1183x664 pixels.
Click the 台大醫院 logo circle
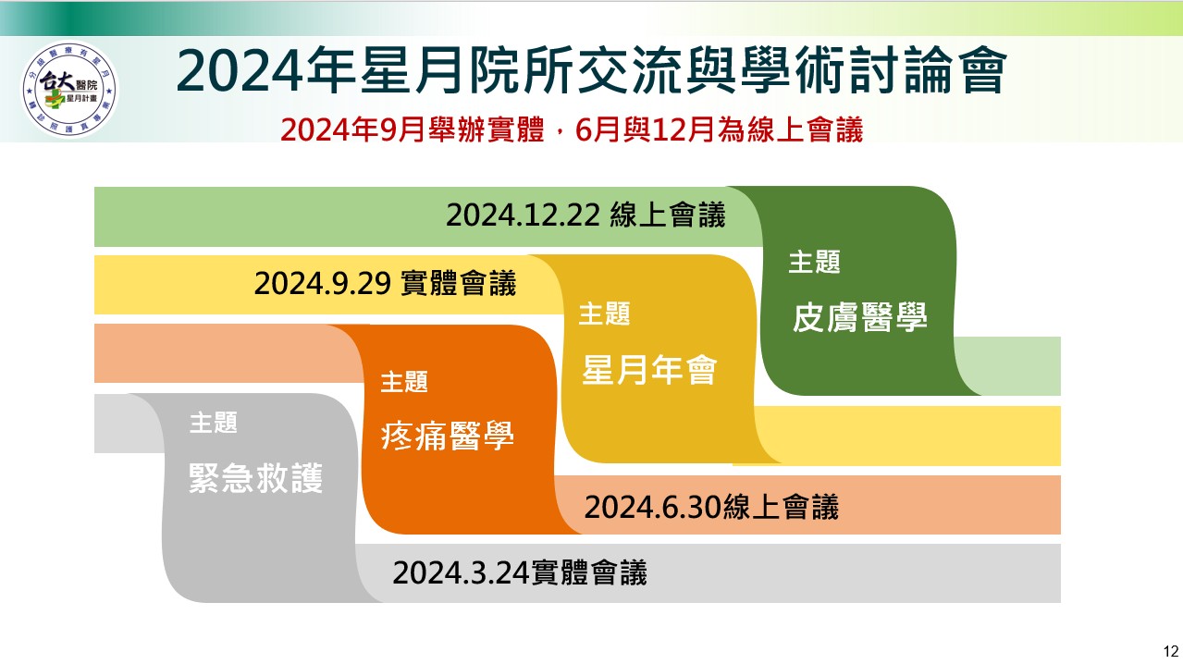coord(69,90)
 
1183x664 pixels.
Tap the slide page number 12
coord(1170,651)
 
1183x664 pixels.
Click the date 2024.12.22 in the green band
coord(523,215)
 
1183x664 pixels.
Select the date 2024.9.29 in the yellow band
coord(322,283)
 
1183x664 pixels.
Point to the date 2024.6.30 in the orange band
coord(653,507)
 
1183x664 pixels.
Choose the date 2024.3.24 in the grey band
coord(461,572)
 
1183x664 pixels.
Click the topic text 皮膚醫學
coord(860,317)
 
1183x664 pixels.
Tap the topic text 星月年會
coord(649,370)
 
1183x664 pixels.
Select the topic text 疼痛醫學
coord(447,436)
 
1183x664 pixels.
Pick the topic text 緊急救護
coord(255,479)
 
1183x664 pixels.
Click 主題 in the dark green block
coord(814,262)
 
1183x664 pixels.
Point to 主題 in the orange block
coord(404,382)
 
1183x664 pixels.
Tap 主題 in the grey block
coord(214,423)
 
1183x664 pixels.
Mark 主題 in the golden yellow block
coord(604,314)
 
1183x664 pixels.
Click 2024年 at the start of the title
coord(266,70)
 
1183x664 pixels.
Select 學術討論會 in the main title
coord(874,70)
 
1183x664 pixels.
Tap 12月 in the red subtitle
coord(684,130)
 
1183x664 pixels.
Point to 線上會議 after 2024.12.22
coord(668,215)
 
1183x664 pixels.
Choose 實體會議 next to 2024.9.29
coord(458,283)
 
